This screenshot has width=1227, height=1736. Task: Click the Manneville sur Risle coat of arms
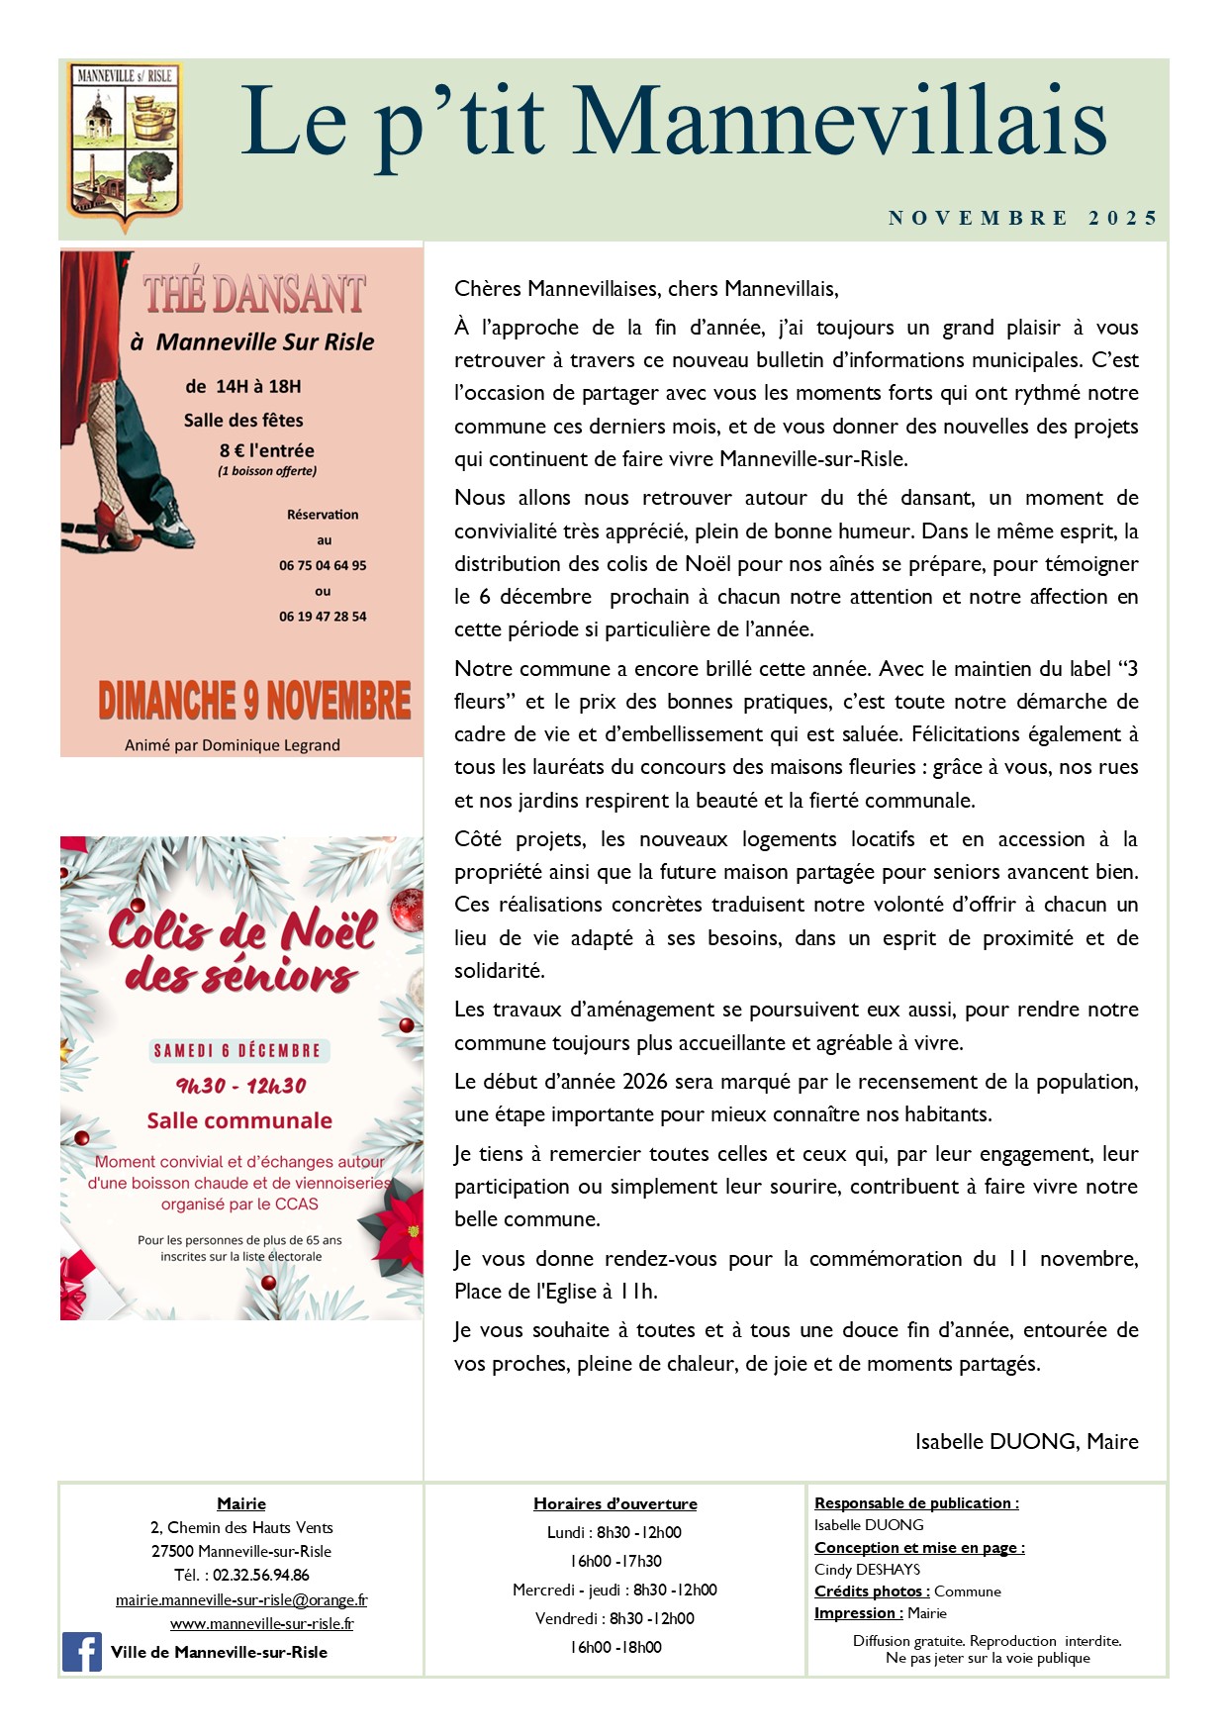click(125, 145)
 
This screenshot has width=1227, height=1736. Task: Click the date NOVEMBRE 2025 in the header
click(1022, 218)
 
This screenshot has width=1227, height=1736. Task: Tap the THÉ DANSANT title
click(254, 295)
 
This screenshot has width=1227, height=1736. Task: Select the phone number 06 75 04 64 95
click(323, 565)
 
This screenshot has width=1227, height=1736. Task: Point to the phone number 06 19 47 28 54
click(323, 617)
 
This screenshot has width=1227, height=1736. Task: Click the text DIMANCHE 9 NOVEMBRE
click(254, 701)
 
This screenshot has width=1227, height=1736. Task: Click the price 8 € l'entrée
click(267, 450)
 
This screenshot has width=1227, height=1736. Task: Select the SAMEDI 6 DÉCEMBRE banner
click(236, 1050)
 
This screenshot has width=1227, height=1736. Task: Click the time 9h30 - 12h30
click(240, 1086)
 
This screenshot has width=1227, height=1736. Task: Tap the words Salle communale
click(239, 1120)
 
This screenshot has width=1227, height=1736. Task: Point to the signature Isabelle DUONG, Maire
click(1026, 1441)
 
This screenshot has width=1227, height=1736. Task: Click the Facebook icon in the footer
click(82, 1652)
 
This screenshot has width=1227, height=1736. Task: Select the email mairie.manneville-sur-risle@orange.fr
click(241, 1599)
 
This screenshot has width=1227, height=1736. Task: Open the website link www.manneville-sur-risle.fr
click(261, 1623)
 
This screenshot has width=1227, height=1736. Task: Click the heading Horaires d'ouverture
click(614, 1503)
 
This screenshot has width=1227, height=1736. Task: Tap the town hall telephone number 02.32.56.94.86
click(260, 1575)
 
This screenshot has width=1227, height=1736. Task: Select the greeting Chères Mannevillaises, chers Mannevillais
click(646, 289)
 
